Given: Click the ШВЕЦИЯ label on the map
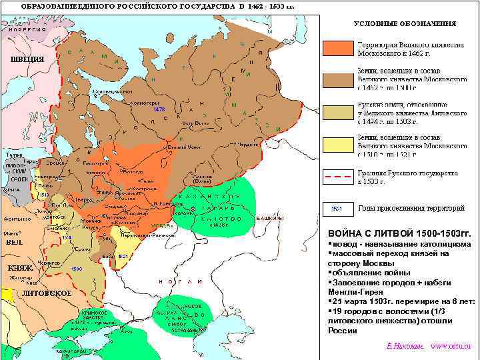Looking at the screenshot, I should (27, 59).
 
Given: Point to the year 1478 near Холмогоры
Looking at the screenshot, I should (159, 109).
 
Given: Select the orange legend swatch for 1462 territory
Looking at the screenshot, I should (337, 48).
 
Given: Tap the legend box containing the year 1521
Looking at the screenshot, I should (337, 209).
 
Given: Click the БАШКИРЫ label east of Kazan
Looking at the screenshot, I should (270, 219).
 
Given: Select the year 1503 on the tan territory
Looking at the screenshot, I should (77, 269).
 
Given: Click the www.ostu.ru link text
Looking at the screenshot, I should (451, 347).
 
